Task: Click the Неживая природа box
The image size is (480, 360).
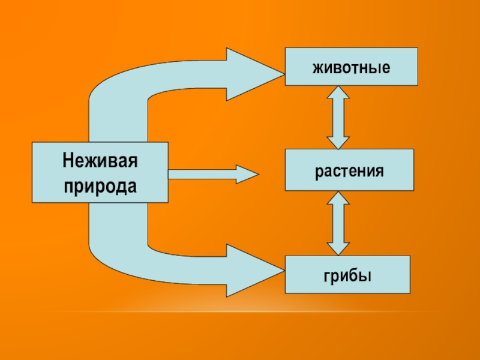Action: (x=100, y=172)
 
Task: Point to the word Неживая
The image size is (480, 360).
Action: (x=100, y=161)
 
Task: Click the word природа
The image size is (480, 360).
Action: (x=100, y=185)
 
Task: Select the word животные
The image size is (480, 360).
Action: (x=351, y=67)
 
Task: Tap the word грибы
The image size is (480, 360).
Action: (x=347, y=275)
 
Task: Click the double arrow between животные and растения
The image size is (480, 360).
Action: (x=338, y=117)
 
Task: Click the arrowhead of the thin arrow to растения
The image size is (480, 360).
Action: (x=247, y=174)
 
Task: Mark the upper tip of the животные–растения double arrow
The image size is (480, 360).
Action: (x=338, y=88)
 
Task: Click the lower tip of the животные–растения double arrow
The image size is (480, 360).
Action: (x=338, y=147)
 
